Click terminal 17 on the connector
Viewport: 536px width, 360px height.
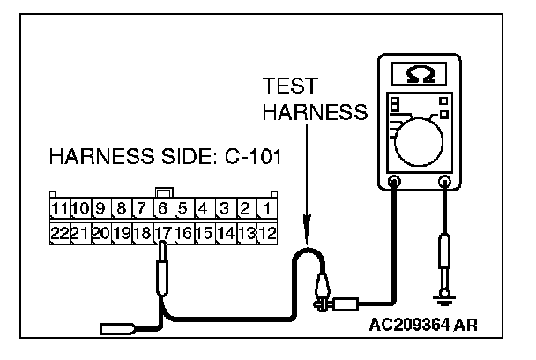(x=162, y=234)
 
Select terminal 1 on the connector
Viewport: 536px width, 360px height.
(x=265, y=210)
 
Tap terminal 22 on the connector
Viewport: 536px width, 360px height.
(x=60, y=234)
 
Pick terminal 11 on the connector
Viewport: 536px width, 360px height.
(x=60, y=210)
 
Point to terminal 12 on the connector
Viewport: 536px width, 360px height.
(x=265, y=234)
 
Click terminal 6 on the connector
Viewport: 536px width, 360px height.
(x=163, y=210)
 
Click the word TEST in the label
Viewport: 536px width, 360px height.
(x=287, y=88)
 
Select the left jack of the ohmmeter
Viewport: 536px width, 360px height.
(x=394, y=183)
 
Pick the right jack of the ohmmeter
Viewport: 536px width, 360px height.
(x=444, y=183)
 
